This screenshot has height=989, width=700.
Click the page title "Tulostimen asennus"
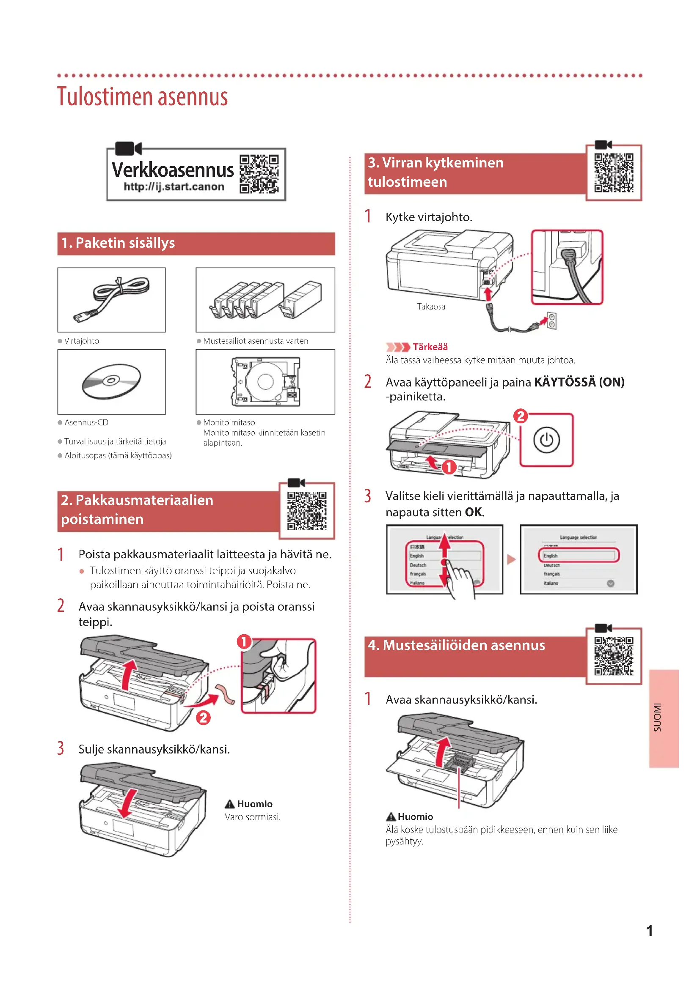pyautogui.click(x=142, y=96)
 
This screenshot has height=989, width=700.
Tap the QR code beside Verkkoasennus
pyautogui.click(x=259, y=174)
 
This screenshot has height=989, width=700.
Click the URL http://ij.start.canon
pyautogui.click(x=174, y=186)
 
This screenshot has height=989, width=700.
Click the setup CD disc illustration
pyautogui.click(x=111, y=382)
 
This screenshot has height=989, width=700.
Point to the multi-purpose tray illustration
pyautogui.click(x=265, y=382)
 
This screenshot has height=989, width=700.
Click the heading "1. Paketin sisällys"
pyautogui.click(x=118, y=244)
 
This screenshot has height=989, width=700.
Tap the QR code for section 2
pyautogui.click(x=306, y=511)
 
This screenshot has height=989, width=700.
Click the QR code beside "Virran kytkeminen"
pyautogui.click(x=613, y=173)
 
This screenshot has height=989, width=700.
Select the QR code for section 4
pyautogui.click(x=613, y=656)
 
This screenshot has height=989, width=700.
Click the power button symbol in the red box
pyautogui.click(x=546, y=440)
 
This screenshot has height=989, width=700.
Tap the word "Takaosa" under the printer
pyautogui.click(x=430, y=307)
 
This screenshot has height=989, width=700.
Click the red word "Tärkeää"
pyautogui.click(x=430, y=347)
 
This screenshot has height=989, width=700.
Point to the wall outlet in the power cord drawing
pyautogui.click(x=551, y=321)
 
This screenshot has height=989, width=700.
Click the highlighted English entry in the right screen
pyautogui.click(x=578, y=555)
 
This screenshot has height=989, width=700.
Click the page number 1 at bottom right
pyautogui.click(x=649, y=931)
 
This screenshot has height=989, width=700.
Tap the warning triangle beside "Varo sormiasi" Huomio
pyautogui.click(x=230, y=804)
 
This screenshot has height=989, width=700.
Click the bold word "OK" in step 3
pyautogui.click(x=474, y=512)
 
